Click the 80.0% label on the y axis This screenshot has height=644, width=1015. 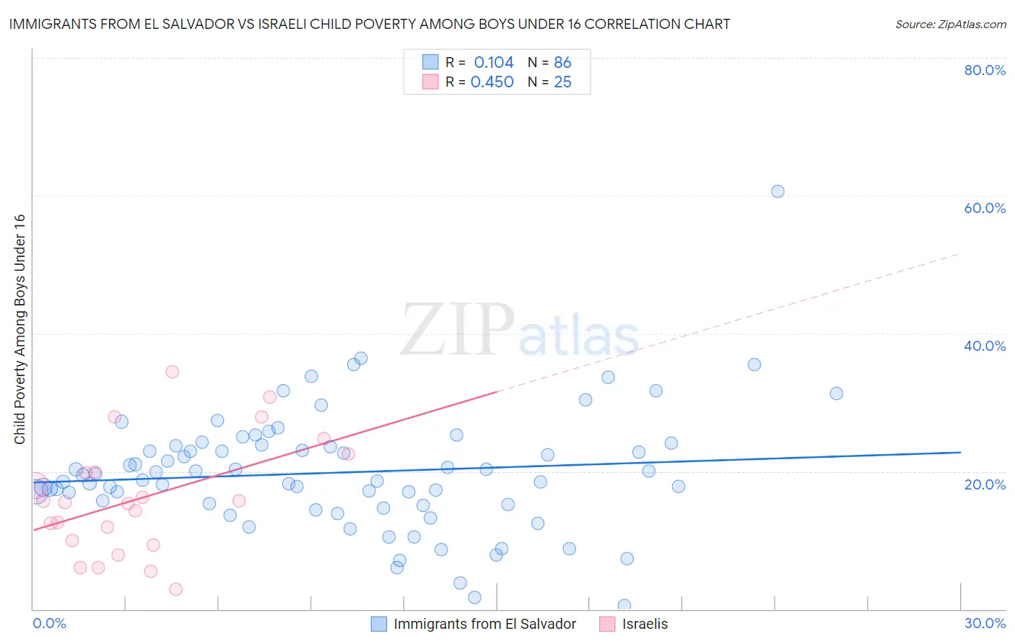(x=985, y=70)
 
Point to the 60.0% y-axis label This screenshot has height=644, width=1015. (x=985, y=208)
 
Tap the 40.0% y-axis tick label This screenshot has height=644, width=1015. (x=985, y=346)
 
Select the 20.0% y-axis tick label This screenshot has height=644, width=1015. (x=985, y=484)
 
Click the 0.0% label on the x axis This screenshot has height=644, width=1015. (x=49, y=623)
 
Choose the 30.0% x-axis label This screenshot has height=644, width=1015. (x=985, y=623)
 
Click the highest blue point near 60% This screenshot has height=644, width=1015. (x=777, y=191)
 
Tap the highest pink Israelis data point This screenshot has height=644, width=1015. (x=172, y=372)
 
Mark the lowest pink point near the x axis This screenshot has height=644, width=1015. (x=175, y=589)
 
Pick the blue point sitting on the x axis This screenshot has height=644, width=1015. (x=624, y=606)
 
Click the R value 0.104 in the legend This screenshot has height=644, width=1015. (x=494, y=63)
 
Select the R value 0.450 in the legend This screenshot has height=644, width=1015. (x=492, y=82)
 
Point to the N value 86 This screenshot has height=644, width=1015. (x=562, y=63)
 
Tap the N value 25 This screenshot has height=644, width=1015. (x=562, y=82)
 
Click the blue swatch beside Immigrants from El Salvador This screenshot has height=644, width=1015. (x=379, y=624)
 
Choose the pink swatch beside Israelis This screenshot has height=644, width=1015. (x=608, y=624)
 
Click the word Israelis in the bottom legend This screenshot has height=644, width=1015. (x=645, y=624)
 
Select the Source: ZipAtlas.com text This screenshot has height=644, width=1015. (x=950, y=25)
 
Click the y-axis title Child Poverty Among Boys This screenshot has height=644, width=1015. (x=19, y=329)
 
